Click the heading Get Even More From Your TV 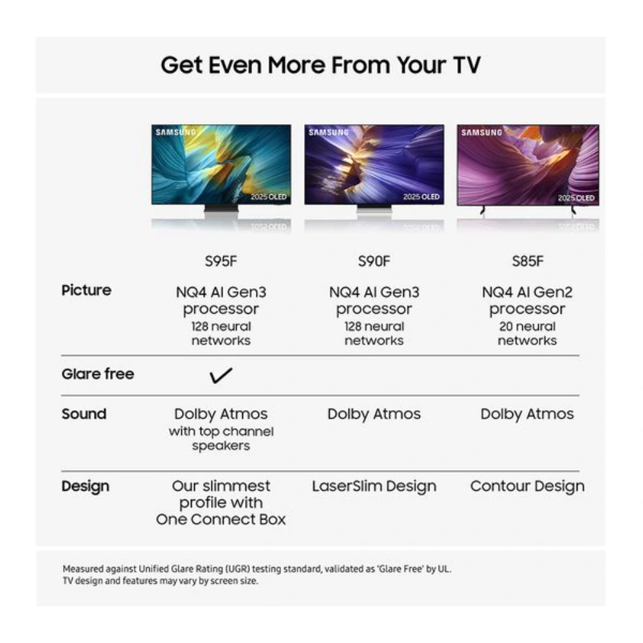tap(320, 65)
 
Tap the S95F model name tap(221, 262)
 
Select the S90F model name tap(374, 262)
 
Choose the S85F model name tap(527, 262)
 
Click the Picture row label tap(86, 291)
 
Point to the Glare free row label tap(98, 374)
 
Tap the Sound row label tap(84, 414)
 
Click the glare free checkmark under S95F tap(221, 376)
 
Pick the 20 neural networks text tap(527, 334)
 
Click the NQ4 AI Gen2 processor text tap(527, 300)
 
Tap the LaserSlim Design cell tap(374, 487)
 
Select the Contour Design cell tap(527, 487)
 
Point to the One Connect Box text tap(221, 520)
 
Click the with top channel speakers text tap(221, 439)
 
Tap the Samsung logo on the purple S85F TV tap(482, 133)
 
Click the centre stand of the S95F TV tap(221, 209)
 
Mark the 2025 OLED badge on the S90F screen tap(421, 197)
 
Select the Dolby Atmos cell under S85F tap(527, 414)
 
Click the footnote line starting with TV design tap(160, 581)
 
